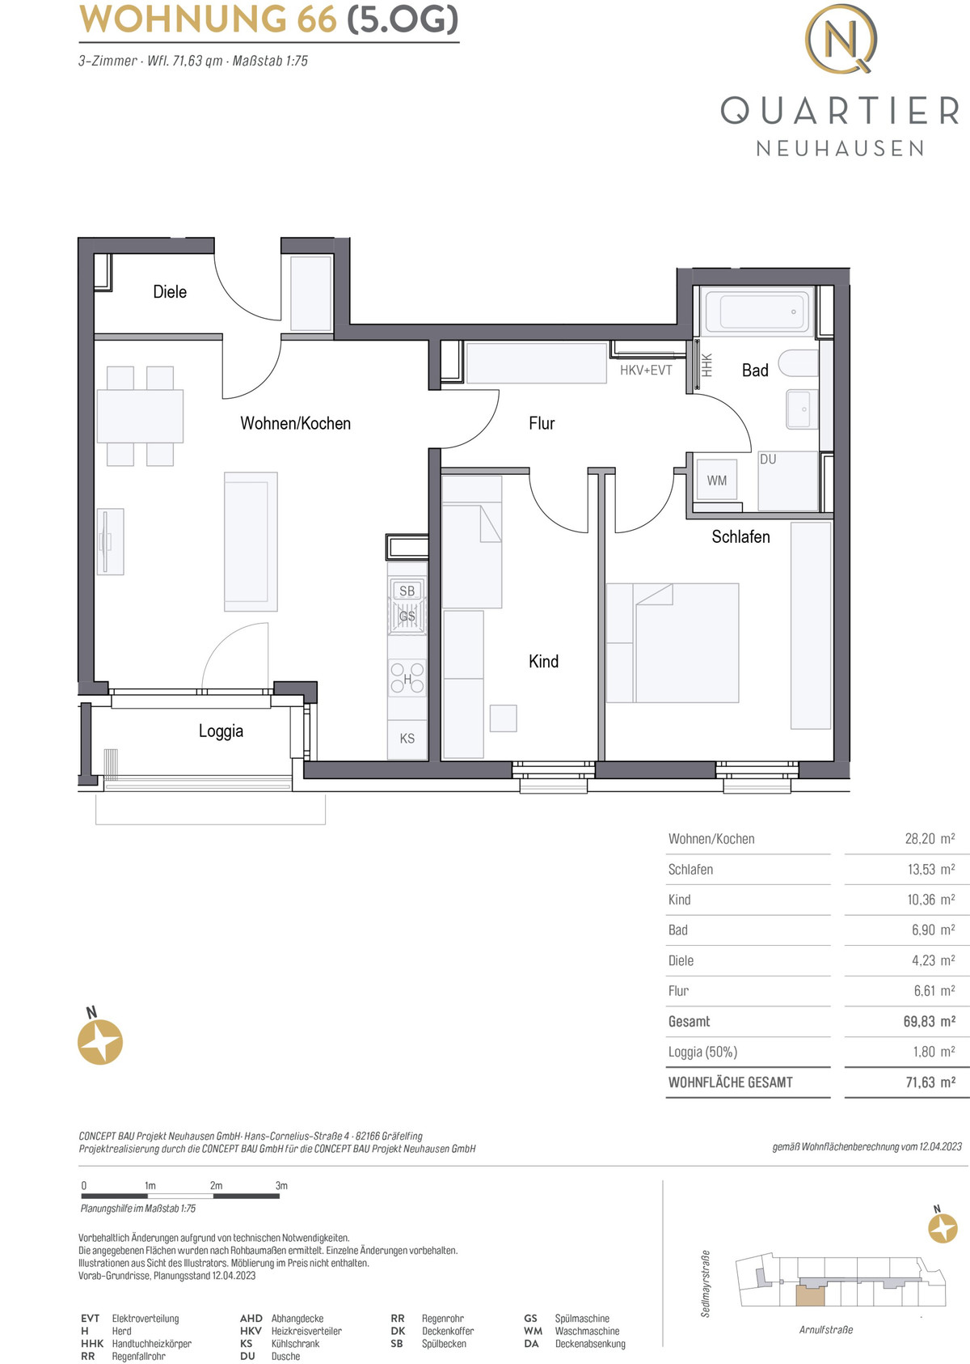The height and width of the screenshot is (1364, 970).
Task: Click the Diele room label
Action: tap(170, 292)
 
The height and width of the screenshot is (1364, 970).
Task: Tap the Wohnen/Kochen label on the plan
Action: tap(295, 423)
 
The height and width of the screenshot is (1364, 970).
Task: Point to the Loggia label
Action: tap(221, 731)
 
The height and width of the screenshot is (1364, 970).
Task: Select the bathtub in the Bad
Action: tap(757, 311)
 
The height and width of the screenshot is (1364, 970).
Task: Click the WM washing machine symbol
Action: tap(716, 481)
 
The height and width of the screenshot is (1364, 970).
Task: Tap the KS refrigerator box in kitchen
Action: tap(407, 739)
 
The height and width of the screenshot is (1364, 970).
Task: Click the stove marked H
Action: tap(407, 678)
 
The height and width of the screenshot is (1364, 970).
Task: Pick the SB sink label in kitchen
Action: tap(407, 591)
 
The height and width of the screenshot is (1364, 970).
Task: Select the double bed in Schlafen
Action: tap(673, 643)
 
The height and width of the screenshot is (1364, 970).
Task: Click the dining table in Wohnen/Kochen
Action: tap(140, 416)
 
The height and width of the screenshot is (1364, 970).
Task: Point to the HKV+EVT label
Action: tap(646, 371)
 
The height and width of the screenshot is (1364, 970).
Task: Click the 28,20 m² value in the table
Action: tap(930, 838)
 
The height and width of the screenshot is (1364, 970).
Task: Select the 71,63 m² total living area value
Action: tap(930, 1082)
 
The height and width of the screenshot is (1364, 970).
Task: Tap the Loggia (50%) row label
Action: tap(703, 1052)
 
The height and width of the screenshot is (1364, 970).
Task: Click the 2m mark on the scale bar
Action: tap(216, 1185)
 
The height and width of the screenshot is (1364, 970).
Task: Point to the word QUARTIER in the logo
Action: tap(841, 110)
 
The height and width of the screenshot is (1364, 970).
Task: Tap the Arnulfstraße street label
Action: tap(826, 1330)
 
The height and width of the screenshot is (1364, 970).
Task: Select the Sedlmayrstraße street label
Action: tap(706, 1284)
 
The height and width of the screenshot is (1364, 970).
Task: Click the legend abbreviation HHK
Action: tap(92, 1343)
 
